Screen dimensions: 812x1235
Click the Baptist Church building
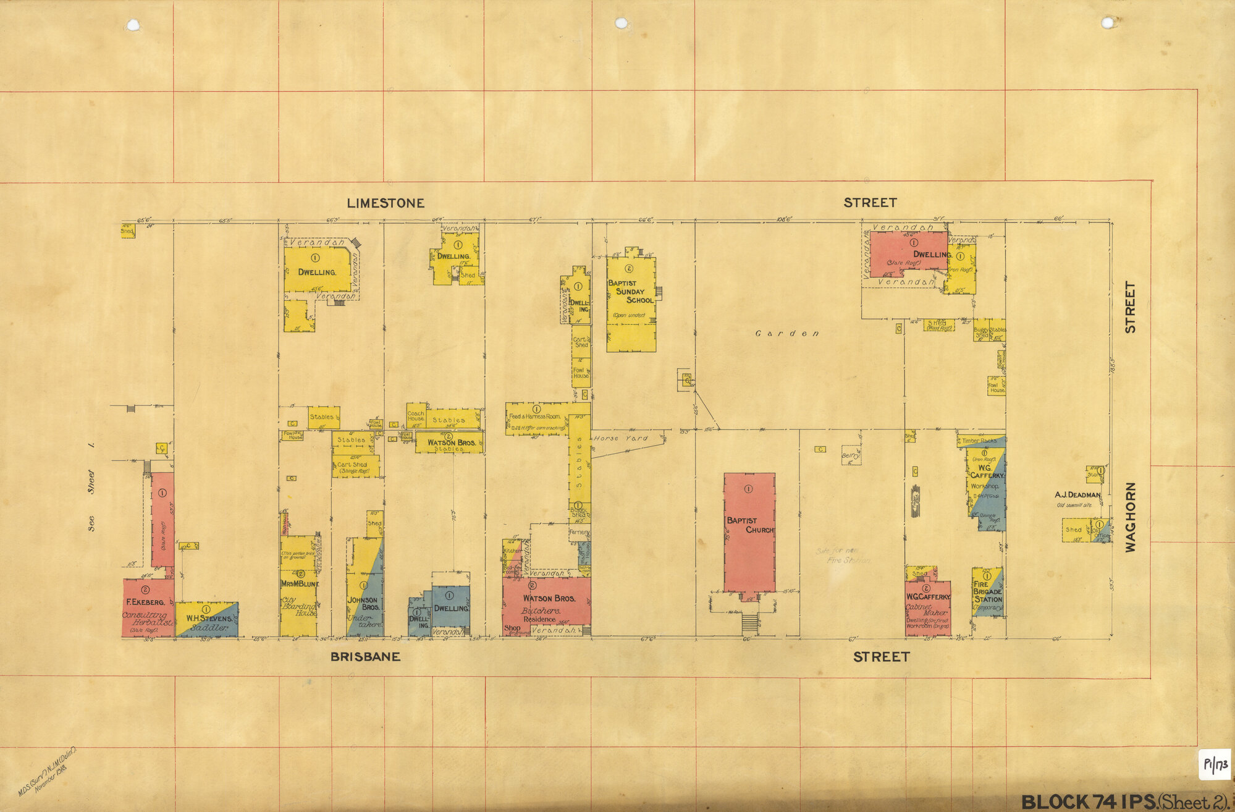tap(749, 531)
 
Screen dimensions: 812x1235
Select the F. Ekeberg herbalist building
tap(147, 608)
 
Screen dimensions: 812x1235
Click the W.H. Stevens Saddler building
tap(207, 620)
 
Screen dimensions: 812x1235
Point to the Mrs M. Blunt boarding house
tap(298, 593)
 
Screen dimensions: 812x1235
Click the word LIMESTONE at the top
tap(385, 203)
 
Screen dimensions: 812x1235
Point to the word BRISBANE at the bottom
tap(365, 657)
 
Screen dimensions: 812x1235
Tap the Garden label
tap(787, 334)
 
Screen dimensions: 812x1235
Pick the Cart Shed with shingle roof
tap(355, 467)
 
